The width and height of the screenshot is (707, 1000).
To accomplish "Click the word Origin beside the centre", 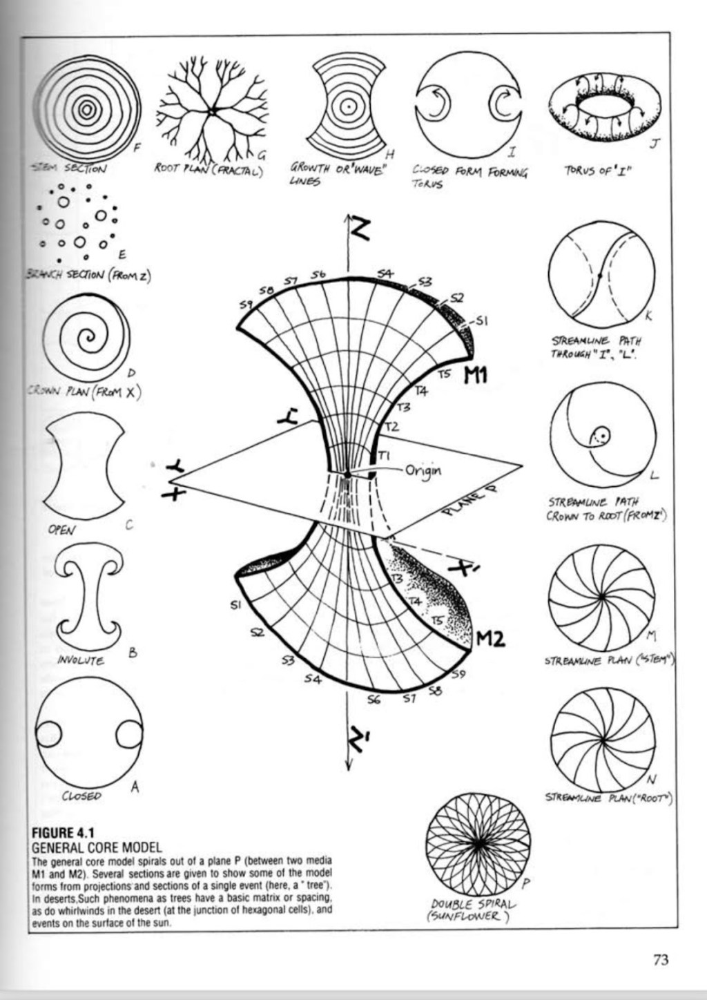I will click(423, 471).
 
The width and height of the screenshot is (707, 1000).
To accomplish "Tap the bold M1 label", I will click(475, 375).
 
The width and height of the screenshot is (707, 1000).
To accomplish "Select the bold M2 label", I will click(491, 639).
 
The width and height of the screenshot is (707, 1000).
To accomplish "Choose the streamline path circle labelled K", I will click(601, 276).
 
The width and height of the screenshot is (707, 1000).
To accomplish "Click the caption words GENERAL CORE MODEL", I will click(97, 847).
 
